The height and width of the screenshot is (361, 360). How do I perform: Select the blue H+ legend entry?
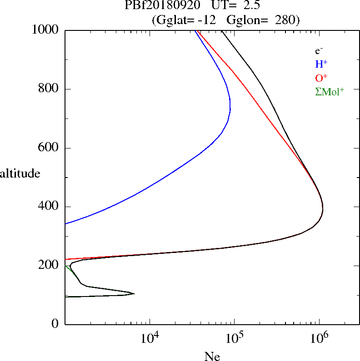[x=321, y=64]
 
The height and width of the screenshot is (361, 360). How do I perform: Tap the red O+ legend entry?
[x=321, y=78]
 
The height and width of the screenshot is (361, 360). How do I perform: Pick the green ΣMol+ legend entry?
[x=330, y=92]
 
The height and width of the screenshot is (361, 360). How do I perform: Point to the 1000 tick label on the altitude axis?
[x=45, y=30]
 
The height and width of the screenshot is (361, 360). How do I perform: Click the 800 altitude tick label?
[x=48, y=88]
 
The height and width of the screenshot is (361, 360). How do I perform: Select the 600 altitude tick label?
[x=48, y=147]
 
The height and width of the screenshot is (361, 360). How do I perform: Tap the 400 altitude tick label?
[x=48, y=206]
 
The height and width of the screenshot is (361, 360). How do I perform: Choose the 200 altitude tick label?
[x=48, y=265]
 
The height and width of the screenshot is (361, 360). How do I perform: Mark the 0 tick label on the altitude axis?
[x=55, y=324]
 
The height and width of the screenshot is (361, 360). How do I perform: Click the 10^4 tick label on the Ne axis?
[x=150, y=338]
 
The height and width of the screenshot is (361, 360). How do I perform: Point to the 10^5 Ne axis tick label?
[x=235, y=338]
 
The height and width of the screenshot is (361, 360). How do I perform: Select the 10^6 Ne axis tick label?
[x=319, y=338]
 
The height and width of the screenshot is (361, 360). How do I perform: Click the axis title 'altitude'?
[x=20, y=173]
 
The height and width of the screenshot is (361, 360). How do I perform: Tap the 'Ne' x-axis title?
[x=212, y=356]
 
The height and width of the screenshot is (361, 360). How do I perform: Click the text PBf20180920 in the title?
[x=162, y=5]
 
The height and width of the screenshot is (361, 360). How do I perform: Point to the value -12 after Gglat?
[x=207, y=20]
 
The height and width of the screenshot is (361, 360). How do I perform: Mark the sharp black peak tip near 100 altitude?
[x=134, y=293]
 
